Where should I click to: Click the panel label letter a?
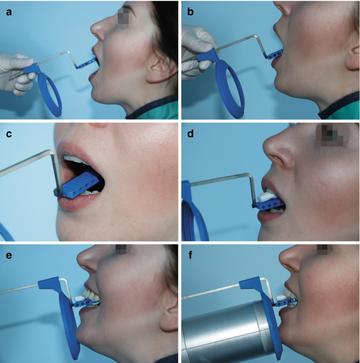point(9,12)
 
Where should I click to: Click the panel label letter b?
point(190,12)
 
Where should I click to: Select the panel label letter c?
point(9,134)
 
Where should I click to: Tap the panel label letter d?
point(190,133)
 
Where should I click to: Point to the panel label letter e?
point(9,255)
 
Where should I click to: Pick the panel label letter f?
point(190,255)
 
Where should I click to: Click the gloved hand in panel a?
point(17,73)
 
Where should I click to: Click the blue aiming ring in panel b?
point(229,89)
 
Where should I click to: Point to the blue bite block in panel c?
point(79,184)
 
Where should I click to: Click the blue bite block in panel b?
point(275,55)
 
